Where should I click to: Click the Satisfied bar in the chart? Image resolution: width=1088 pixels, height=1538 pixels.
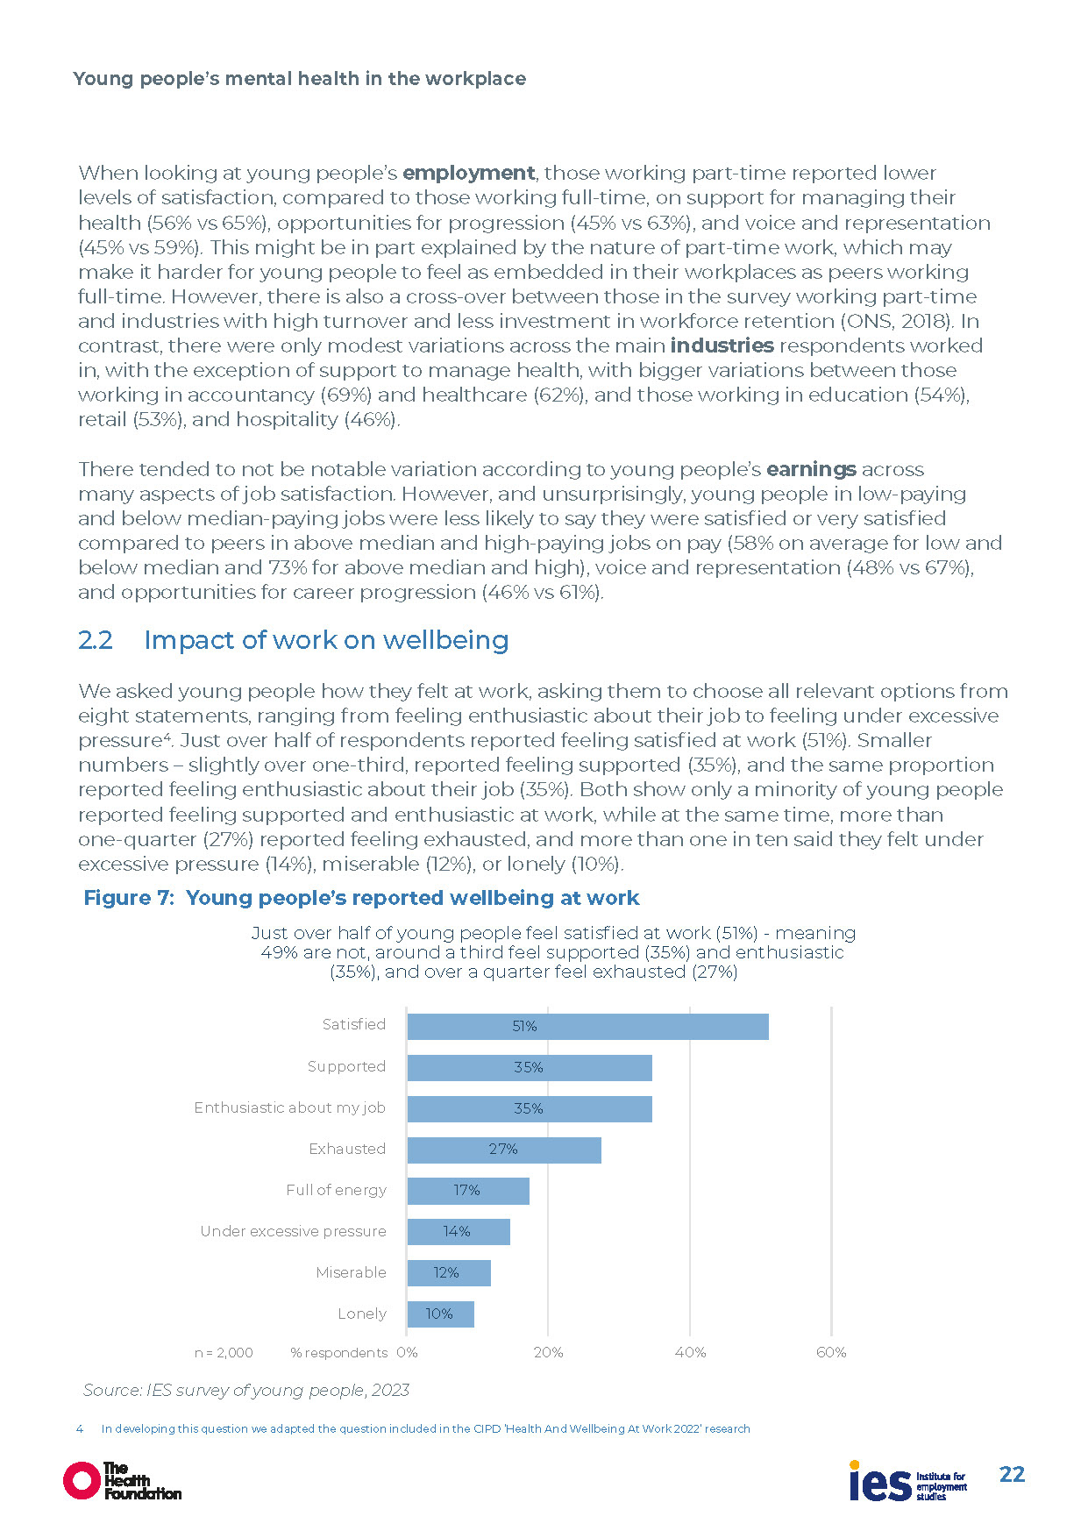point(587,1027)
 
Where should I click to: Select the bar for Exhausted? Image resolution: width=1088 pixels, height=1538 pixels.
point(504,1150)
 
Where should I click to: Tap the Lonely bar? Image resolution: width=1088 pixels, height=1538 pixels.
point(440,1314)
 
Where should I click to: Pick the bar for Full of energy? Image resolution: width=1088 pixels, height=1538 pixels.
point(468,1191)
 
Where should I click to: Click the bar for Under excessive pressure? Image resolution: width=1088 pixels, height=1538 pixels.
point(459,1232)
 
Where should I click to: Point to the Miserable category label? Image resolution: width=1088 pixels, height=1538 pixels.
point(351,1272)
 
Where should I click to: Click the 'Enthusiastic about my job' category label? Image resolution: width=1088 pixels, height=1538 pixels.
point(289,1107)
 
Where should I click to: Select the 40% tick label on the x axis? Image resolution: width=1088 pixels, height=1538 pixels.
point(690,1352)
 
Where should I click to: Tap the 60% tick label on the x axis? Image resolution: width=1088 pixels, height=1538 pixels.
point(831,1352)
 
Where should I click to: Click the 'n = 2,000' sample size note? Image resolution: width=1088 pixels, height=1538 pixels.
point(224,1353)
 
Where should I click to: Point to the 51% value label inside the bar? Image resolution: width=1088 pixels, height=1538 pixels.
point(524,1026)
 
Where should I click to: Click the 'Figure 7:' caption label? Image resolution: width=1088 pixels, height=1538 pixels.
point(129,898)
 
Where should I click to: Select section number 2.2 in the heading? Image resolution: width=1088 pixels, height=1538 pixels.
point(96,640)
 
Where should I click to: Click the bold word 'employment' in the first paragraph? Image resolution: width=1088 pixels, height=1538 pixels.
point(468,173)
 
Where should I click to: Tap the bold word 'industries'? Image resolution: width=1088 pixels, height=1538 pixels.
point(722,345)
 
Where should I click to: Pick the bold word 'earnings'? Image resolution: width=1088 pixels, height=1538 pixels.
point(811,469)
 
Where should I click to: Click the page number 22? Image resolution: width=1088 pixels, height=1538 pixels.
point(1012,1474)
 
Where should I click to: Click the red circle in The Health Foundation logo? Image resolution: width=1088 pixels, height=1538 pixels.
point(82,1480)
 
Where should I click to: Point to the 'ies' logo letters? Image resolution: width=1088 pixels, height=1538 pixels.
point(879,1483)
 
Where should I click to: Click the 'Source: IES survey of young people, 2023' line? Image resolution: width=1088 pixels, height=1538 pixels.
point(246,1390)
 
